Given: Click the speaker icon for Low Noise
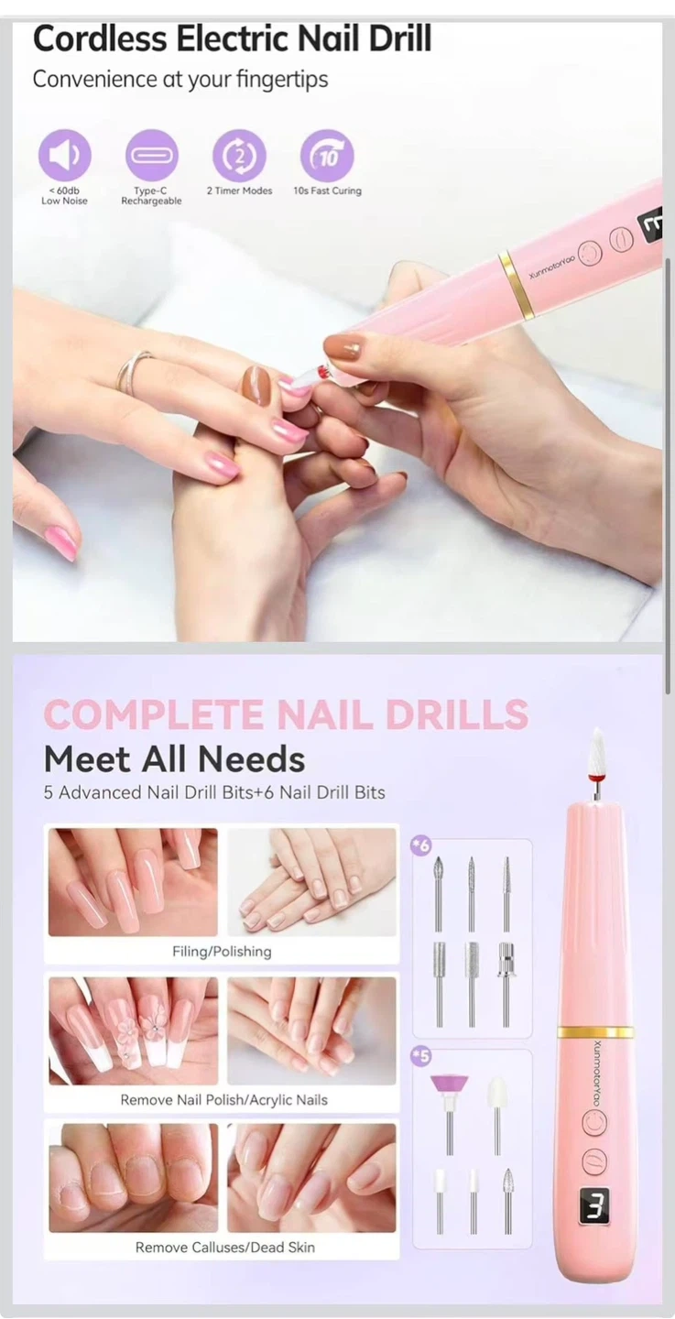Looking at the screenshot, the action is [x=65, y=155].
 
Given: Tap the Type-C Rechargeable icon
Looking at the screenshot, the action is [x=151, y=155].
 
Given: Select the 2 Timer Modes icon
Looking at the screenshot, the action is [x=239, y=156].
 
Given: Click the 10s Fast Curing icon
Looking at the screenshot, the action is [x=327, y=156].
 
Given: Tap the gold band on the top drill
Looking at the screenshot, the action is [x=517, y=285].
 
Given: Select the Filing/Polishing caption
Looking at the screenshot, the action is [x=222, y=952].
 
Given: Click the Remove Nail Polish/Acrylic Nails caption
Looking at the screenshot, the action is [x=223, y=1100].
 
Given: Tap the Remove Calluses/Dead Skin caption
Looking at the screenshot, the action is [x=225, y=1248].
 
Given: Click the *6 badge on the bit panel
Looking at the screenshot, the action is [x=421, y=846].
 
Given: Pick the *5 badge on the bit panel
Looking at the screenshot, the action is [x=421, y=1056].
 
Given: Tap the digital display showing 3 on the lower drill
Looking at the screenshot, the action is [x=593, y=1204].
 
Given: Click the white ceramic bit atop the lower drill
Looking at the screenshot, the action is [x=598, y=751].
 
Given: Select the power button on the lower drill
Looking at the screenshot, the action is [x=593, y=1122].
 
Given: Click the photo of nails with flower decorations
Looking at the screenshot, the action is [x=133, y=1030].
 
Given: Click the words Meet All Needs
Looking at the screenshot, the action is [x=174, y=759].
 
